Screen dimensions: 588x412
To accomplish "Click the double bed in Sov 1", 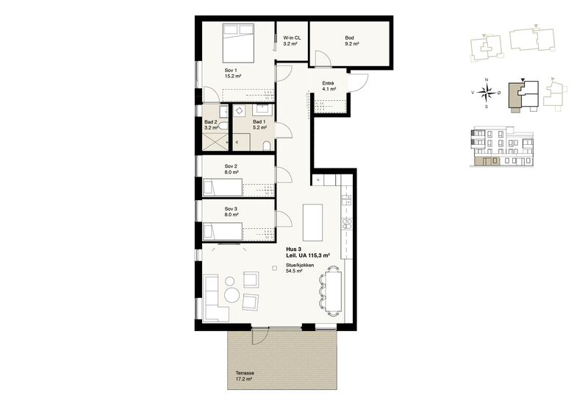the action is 238,43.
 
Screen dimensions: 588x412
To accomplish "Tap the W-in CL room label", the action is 292,38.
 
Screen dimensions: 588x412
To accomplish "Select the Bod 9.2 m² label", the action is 352,41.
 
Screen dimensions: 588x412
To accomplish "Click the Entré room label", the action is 328,83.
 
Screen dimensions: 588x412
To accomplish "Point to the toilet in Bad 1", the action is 267,146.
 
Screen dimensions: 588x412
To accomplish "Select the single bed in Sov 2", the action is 223,188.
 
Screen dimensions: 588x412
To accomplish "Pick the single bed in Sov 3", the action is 223,232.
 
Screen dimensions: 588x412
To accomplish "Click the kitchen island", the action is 313,222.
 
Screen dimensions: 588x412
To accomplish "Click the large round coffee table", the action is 233,295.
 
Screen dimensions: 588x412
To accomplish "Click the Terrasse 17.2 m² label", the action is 245,377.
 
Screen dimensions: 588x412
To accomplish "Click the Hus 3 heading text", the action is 293,249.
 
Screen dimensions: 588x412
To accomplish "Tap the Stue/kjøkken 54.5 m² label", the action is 300,268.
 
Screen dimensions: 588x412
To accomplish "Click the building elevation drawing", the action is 502,146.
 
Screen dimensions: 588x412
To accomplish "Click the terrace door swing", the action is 260,335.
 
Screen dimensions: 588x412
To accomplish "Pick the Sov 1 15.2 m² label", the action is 233,73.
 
